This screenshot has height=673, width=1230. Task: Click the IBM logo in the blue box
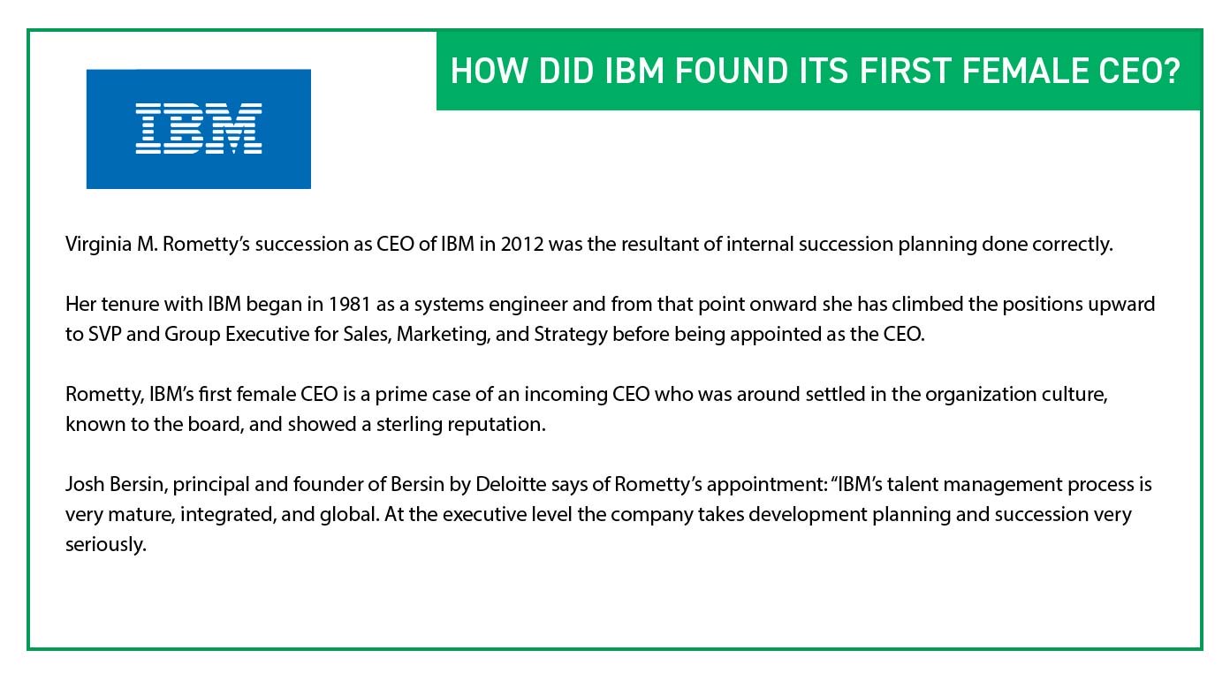[x=199, y=129]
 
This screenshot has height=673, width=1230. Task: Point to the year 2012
[x=520, y=245]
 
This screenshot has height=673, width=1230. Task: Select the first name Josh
[x=82, y=485]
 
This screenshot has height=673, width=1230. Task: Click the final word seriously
[x=104, y=545]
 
